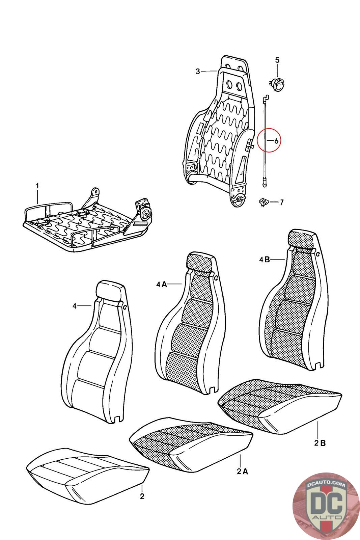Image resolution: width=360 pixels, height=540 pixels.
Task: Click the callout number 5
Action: coord(277,60)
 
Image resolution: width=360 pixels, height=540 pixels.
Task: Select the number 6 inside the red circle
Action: coord(276,141)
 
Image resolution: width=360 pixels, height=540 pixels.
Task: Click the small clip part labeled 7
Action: coord(262,202)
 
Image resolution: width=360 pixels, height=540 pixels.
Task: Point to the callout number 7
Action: coord(281,202)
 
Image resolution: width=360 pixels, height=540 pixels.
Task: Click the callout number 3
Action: coord(198,71)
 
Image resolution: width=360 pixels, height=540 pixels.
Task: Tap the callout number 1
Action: coord(37,186)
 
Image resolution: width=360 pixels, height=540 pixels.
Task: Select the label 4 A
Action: coord(162,285)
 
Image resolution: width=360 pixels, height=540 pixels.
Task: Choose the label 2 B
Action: coord(320,443)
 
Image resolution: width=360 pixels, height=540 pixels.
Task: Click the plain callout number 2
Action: coord(142,496)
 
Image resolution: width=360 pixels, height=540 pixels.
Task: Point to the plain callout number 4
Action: coord(75,306)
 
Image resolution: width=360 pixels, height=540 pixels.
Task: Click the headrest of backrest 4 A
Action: coord(200,261)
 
